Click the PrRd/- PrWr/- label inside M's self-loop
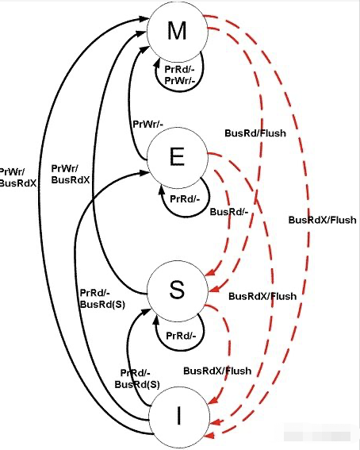click(x=180, y=75)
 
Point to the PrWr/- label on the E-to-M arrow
click(x=148, y=125)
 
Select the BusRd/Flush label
click(x=255, y=133)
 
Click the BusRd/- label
click(x=229, y=212)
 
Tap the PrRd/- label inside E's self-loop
click(x=185, y=198)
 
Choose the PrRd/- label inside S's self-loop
click(x=181, y=335)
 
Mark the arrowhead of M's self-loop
click(x=157, y=65)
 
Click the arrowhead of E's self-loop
click(x=162, y=189)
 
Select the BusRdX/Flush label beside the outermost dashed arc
click(x=323, y=220)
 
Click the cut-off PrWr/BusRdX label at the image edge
click(x=17, y=177)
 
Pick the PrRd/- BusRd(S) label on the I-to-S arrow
click(x=137, y=379)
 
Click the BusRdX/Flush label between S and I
click(x=217, y=371)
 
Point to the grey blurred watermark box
click(x=317, y=437)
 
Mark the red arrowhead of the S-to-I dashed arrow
click(x=212, y=401)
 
